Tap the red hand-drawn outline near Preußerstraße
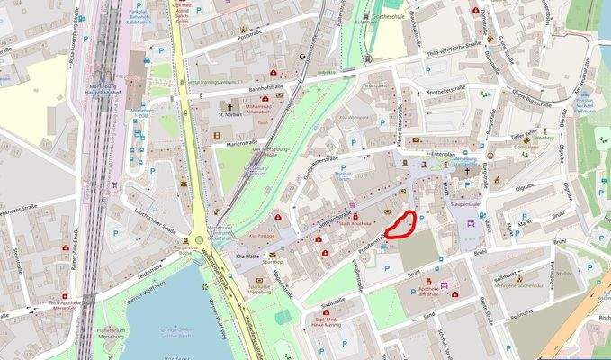(400, 223)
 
